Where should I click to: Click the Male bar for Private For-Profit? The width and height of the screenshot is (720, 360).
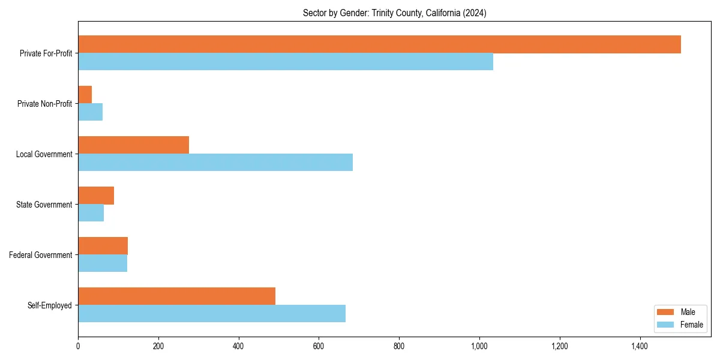[379, 44]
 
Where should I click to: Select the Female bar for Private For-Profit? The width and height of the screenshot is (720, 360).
[286, 62]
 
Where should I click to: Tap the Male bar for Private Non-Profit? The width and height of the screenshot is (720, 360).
[85, 95]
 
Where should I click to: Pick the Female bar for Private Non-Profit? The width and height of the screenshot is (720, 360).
[90, 112]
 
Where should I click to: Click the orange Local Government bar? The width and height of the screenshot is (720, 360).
[133, 145]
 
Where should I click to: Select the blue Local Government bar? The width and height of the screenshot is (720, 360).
[215, 163]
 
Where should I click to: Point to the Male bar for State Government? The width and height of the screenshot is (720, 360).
[96, 196]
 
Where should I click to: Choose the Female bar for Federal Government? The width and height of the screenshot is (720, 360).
[103, 263]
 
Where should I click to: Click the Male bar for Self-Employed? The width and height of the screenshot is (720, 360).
[176, 296]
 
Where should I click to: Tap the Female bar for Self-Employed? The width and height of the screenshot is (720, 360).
[212, 314]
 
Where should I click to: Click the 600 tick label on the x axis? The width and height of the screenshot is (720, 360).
[319, 346]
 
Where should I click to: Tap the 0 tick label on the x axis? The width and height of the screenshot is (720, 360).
[78, 346]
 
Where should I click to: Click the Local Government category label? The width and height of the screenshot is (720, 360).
[44, 154]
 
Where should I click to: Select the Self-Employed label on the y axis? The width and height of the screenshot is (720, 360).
[50, 305]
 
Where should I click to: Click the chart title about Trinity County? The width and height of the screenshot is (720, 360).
[394, 13]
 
